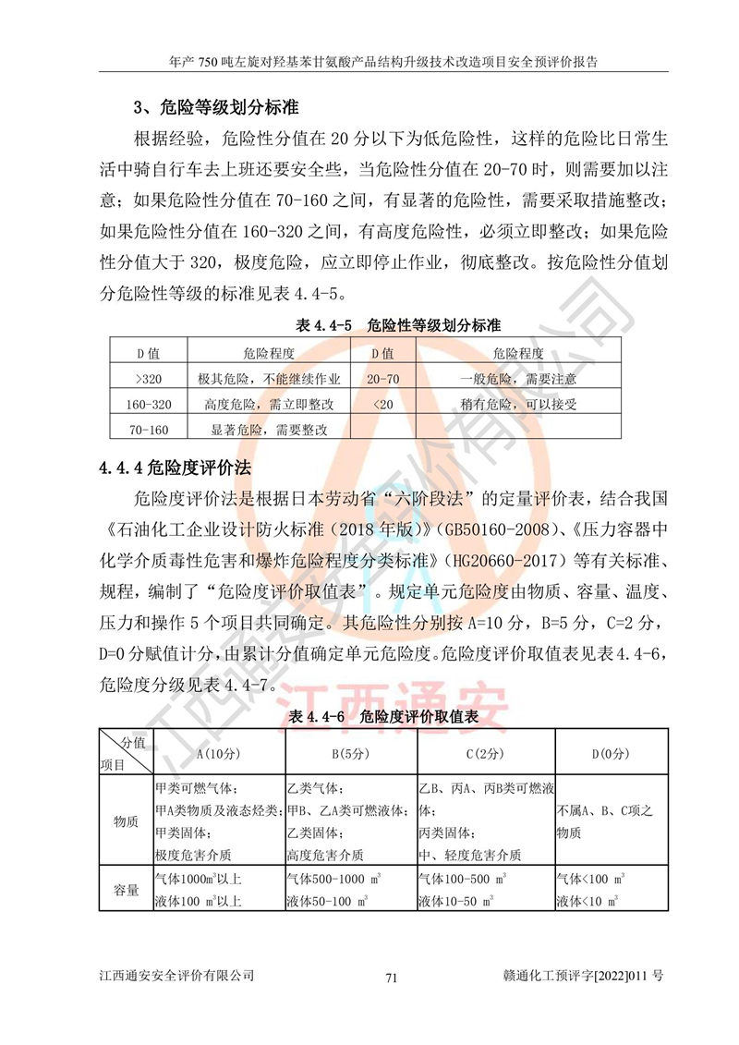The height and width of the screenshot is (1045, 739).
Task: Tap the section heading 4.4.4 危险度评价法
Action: pyautogui.click(x=176, y=467)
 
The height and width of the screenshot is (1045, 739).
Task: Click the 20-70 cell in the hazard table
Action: pyautogui.click(x=382, y=379)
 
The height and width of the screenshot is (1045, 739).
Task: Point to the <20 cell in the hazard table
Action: pyautogui.click(x=382, y=404)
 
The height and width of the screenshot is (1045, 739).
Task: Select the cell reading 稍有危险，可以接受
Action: pyautogui.click(x=518, y=404)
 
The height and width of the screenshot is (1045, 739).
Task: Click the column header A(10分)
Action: pyautogui.click(x=218, y=753)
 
